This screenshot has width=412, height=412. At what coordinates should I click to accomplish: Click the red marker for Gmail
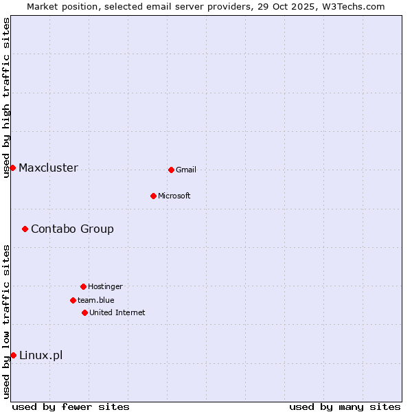(x=171, y=170)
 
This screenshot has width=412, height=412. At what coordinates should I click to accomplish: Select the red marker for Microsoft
(x=153, y=196)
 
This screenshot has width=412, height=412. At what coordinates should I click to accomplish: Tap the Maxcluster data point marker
(x=12, y=168)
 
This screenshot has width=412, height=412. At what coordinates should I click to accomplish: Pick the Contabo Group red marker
(x=25, y=229)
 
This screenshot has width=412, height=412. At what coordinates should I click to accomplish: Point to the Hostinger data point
(x=83, y=286)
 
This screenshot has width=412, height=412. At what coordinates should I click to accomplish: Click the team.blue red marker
(x=73, y=300)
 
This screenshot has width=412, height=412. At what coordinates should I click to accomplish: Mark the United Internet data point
(x=84, y=312)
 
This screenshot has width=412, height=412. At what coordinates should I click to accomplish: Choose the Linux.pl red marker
(x=13, y=355)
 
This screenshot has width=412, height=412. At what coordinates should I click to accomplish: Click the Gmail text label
(x=186, y=170)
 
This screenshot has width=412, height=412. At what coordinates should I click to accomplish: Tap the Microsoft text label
(x=174, y=196)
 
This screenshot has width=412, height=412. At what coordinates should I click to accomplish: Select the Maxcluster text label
(x=48, y=168)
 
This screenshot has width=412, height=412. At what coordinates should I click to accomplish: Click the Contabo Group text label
(x=72, y=229)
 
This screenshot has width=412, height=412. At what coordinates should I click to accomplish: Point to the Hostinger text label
(x=105, y=286)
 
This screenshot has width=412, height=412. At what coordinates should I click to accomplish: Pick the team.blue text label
(x=96, y=300)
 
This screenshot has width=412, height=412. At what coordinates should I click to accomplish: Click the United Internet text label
(x=117, y=312)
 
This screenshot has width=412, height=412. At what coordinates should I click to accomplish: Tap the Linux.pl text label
(x=41, y=355)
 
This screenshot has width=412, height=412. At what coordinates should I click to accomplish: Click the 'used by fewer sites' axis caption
(x=71, y=407)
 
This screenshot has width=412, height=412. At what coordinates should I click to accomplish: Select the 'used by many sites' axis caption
(x=345, y=407)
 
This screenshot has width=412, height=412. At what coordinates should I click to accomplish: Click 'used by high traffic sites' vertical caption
(x=6, y=98)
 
